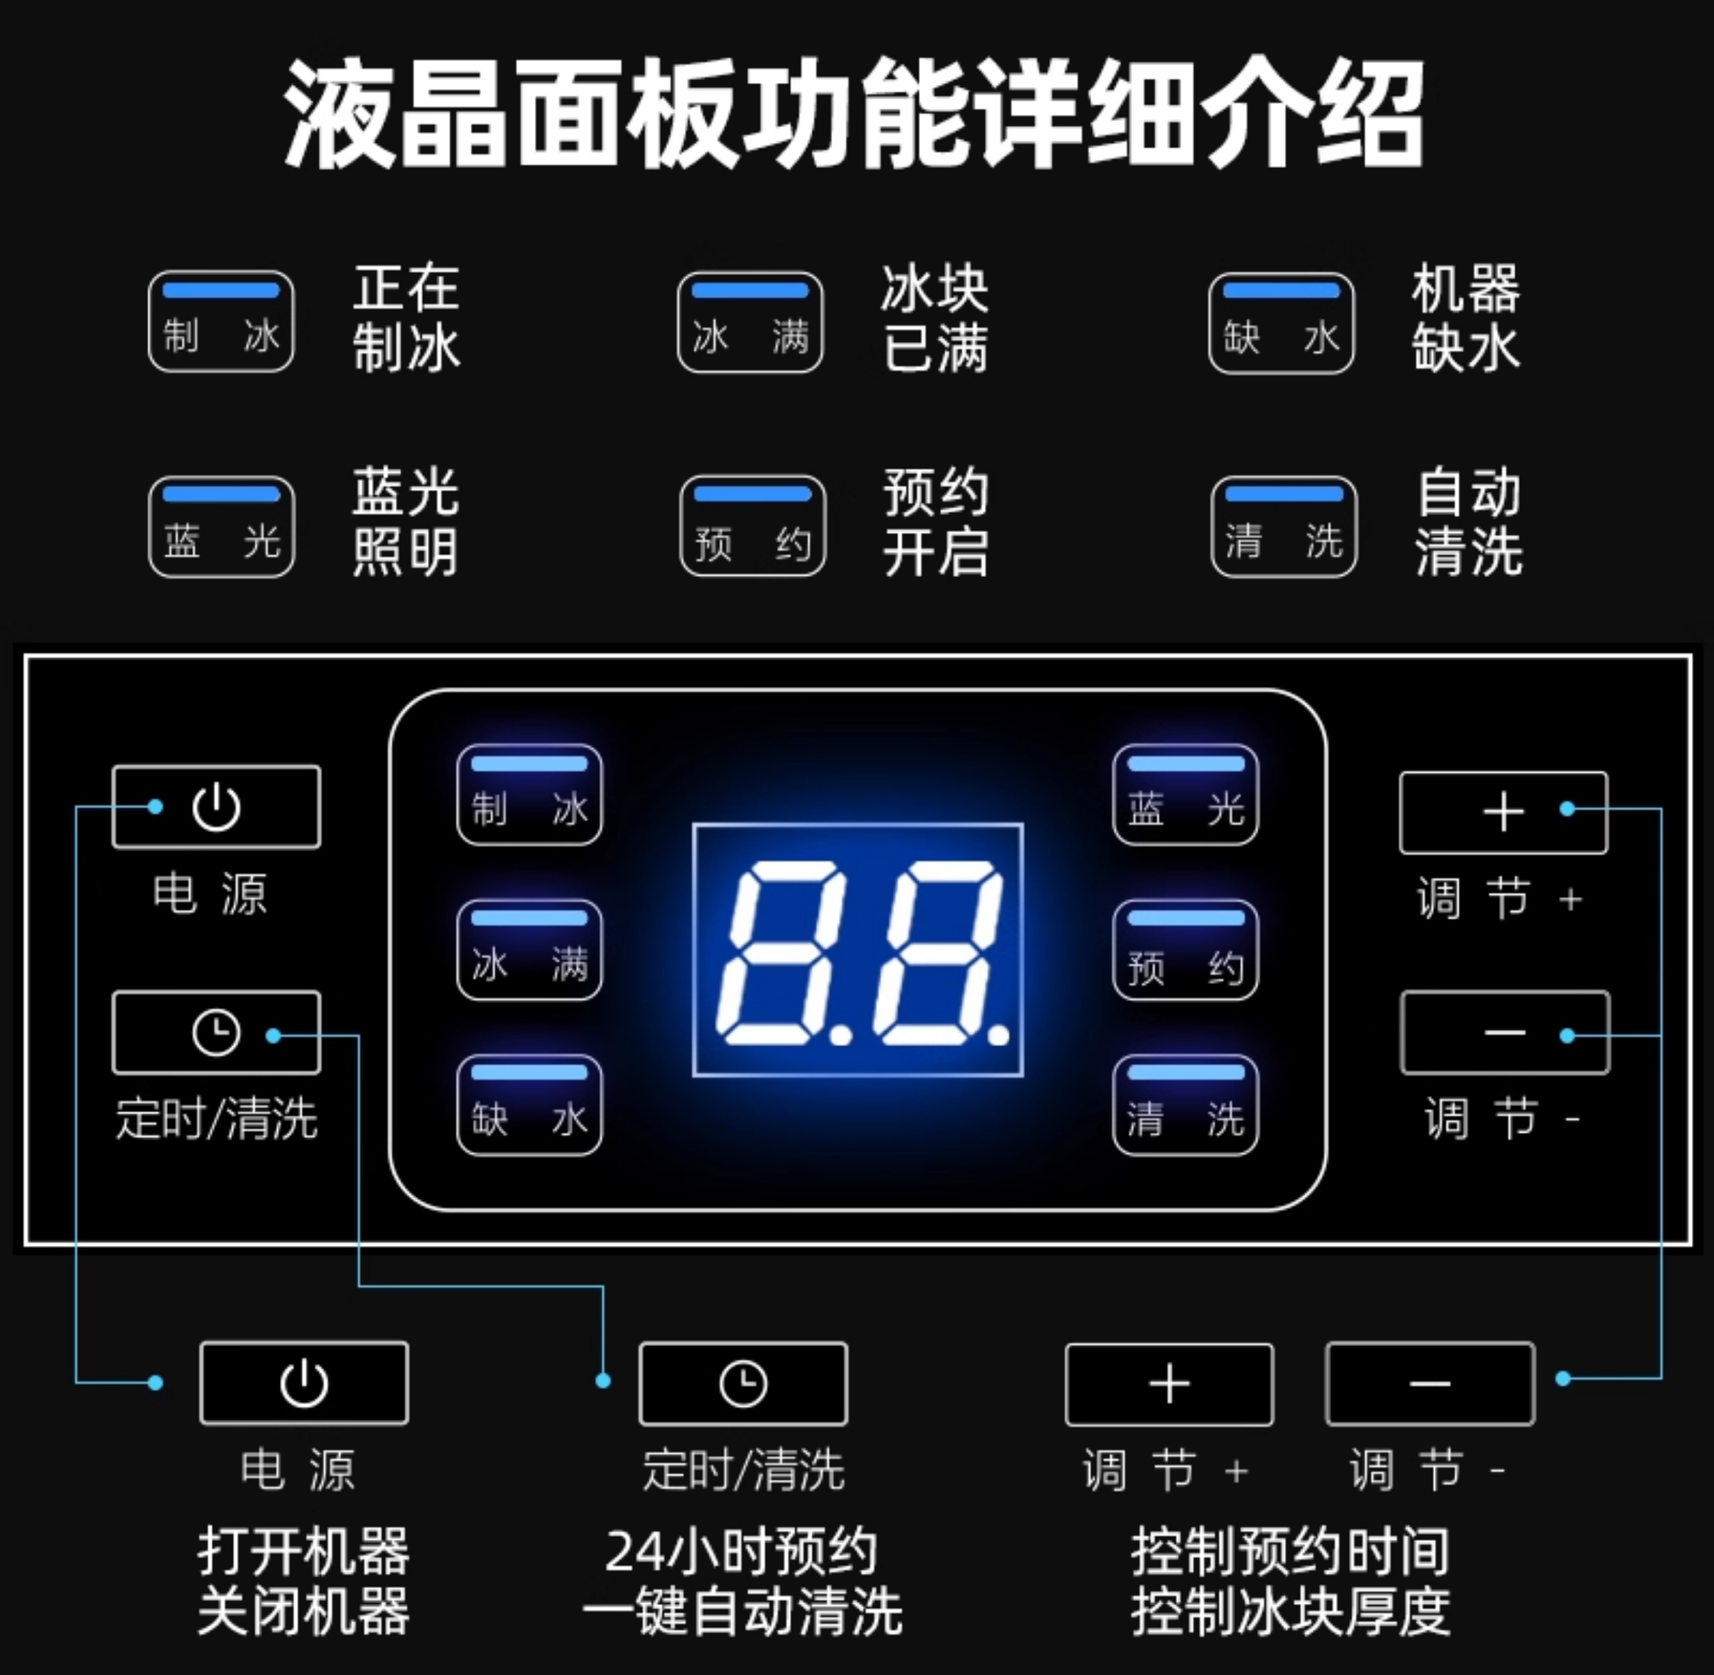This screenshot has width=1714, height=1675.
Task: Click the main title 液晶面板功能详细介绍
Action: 854,115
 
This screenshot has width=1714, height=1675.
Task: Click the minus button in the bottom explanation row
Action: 1430,1384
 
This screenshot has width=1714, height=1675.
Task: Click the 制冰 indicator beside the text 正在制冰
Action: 221,322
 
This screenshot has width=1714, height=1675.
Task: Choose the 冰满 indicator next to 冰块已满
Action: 750,323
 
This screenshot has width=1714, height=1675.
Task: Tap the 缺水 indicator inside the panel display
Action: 529,1105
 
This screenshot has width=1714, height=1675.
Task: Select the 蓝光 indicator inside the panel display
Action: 1185,795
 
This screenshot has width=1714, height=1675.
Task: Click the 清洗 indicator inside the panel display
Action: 1185,1105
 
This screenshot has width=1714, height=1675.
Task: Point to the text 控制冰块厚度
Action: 1290,1611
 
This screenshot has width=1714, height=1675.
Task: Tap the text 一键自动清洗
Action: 742,1611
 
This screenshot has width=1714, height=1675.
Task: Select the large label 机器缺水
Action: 1466,319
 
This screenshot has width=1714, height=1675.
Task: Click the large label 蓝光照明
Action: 406,522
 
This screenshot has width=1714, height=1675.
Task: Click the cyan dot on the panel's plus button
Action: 1567,808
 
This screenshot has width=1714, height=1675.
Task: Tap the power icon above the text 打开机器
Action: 304,1384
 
